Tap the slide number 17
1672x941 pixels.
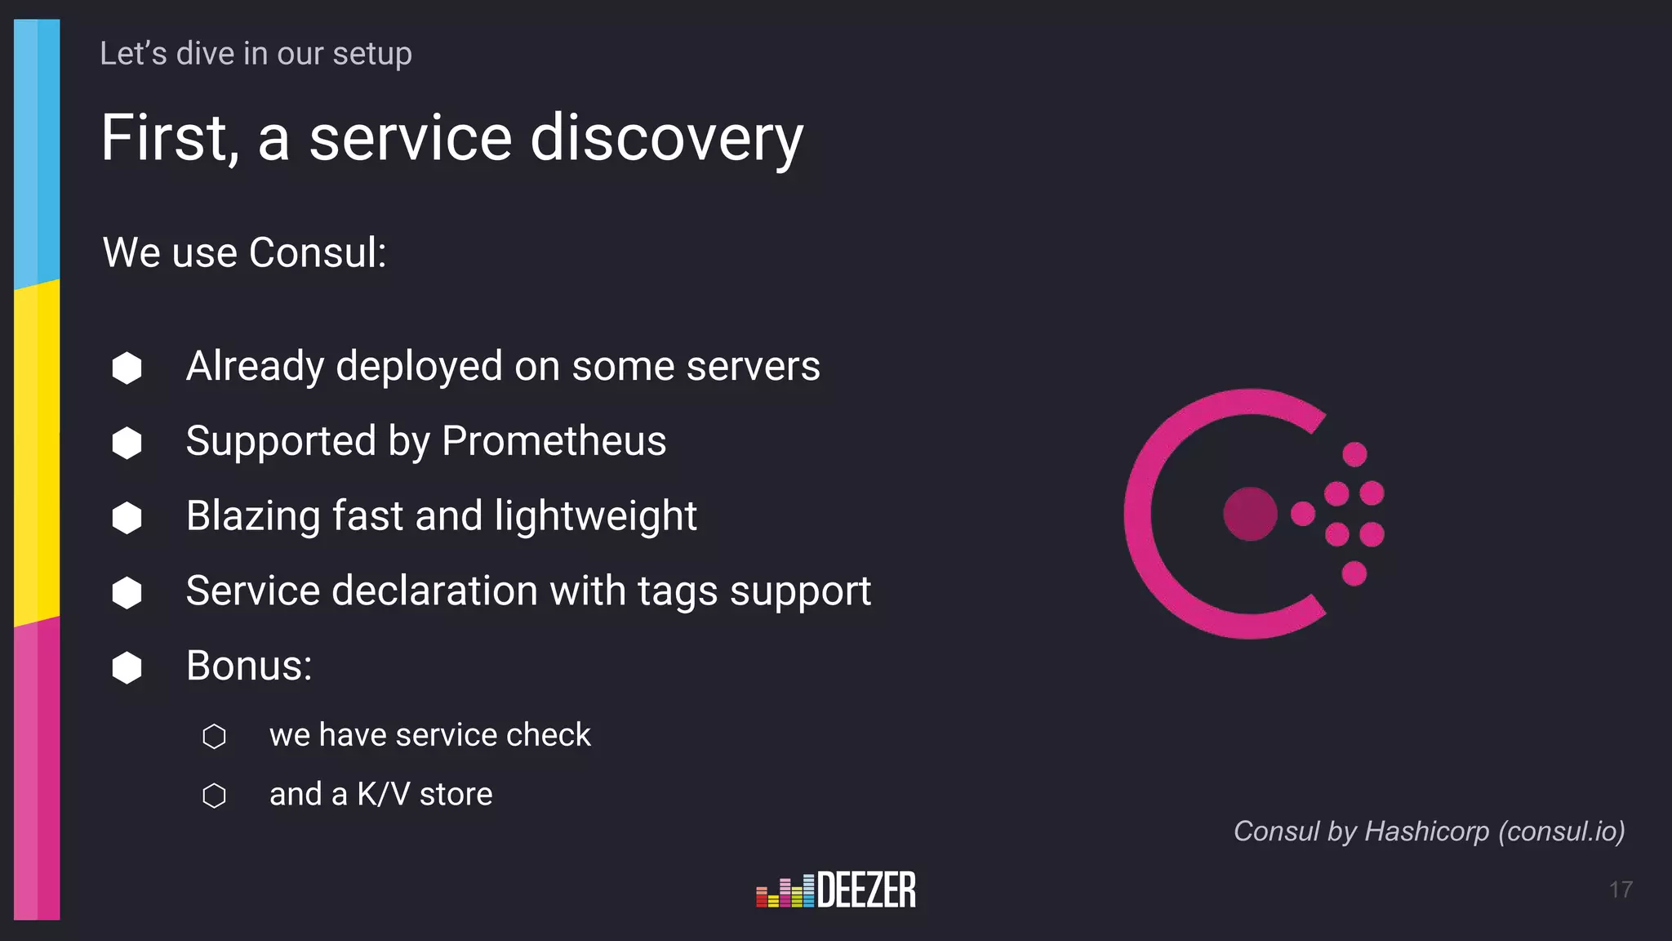click(1621, 890)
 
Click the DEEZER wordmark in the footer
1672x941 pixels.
click(866, 890)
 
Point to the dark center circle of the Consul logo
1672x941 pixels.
click(1250, 514)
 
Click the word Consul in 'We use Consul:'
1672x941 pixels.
click(317, 252)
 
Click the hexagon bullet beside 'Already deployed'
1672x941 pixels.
click(127, 368)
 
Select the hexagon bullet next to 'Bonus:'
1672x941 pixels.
click(127, 667)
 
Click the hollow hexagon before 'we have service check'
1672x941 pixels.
click(214, 736)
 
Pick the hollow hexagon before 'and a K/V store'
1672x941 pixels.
click(214, 796)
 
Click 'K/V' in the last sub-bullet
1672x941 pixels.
click(383, 794)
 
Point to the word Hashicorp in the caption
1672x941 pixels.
click(1426, 832)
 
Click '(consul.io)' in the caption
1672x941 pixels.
click(1561, 832)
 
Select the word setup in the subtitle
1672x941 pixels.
click(371, 54)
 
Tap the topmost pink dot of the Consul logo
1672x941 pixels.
click(1354, 454)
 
